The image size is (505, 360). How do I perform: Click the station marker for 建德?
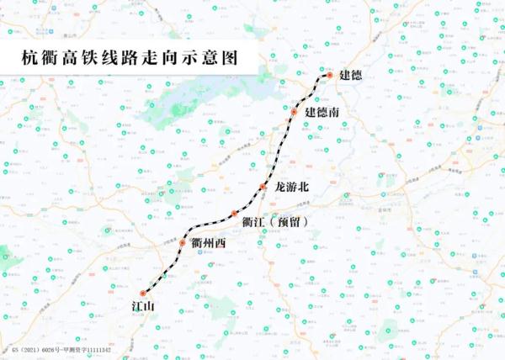pos(330,76)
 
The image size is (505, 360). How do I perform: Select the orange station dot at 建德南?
pos(295,111)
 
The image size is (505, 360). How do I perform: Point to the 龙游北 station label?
pos(294,187)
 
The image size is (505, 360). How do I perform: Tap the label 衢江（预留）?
pos(274,221)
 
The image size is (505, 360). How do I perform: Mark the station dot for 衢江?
pos(234,214)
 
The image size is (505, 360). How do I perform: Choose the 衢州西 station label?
pos(209,244)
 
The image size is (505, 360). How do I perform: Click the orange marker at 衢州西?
pos(182,244)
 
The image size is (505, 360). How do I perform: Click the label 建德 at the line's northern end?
pos(351,76)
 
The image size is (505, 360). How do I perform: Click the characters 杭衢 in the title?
pos(40,59)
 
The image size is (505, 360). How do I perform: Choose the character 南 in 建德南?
pos(335,112)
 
